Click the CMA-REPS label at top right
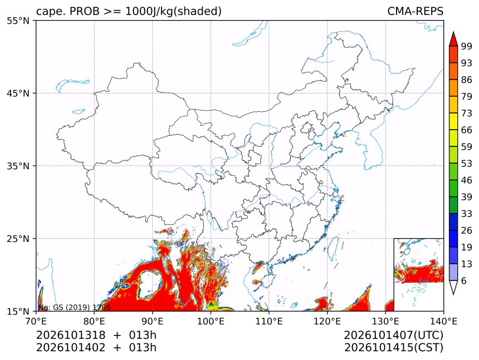point(415,11)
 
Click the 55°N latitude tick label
point(18,21)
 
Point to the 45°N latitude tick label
point(18,93)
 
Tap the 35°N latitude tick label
point(18,166)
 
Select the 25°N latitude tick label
point(18,239)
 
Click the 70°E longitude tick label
point(36,321)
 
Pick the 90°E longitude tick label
point(152,321)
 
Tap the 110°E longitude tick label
point(269,321)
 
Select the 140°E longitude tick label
point(443,321)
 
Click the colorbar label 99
point(467,46)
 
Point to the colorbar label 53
point(467,164)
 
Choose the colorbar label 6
point(464,280)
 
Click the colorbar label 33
point(467,214)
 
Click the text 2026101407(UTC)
point(393,335)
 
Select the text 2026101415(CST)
point(393,348)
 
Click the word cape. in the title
point(49,12)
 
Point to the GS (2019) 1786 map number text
point(82,307)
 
